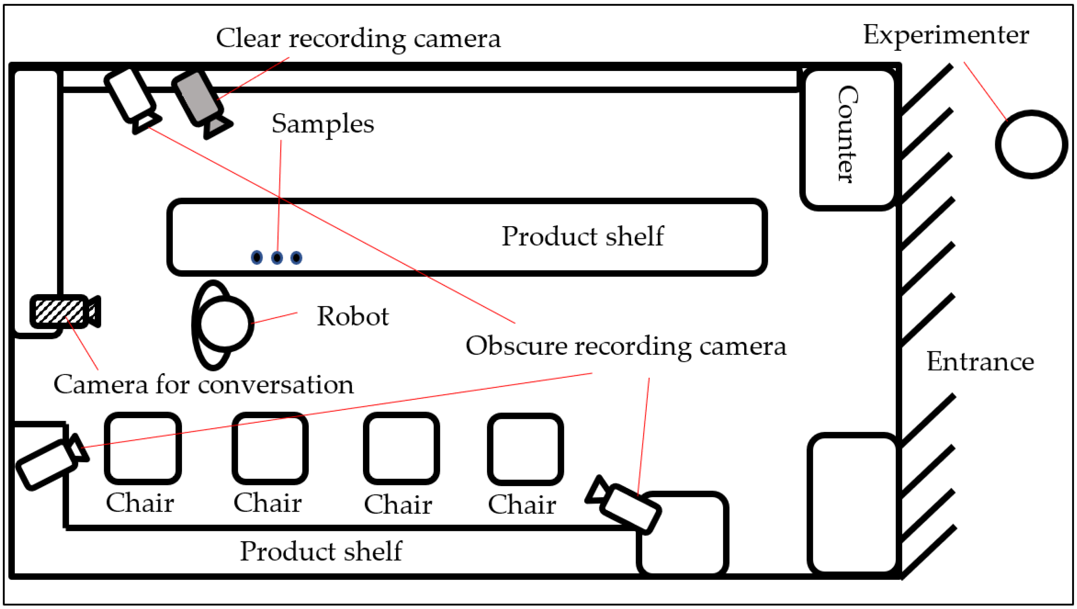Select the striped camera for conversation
[59, 312]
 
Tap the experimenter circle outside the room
[1031, 144]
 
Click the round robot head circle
[225, 323]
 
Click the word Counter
[847, 135]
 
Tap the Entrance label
[980, 361]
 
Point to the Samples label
[322, 124]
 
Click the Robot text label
[352, 316]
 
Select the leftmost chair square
[143, 448]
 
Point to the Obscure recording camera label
[626, 346]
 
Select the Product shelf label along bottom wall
[321, 551]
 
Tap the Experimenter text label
[945, 35]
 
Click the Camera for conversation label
[203, 385]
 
